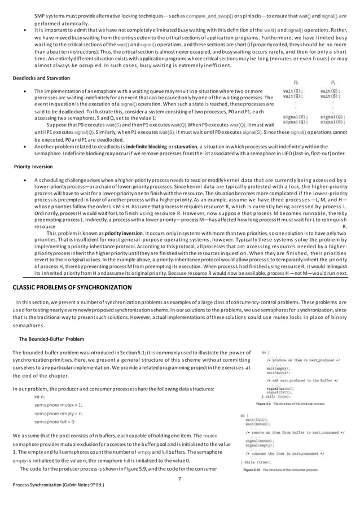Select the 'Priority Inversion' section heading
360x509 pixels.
(x=37, y=167)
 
